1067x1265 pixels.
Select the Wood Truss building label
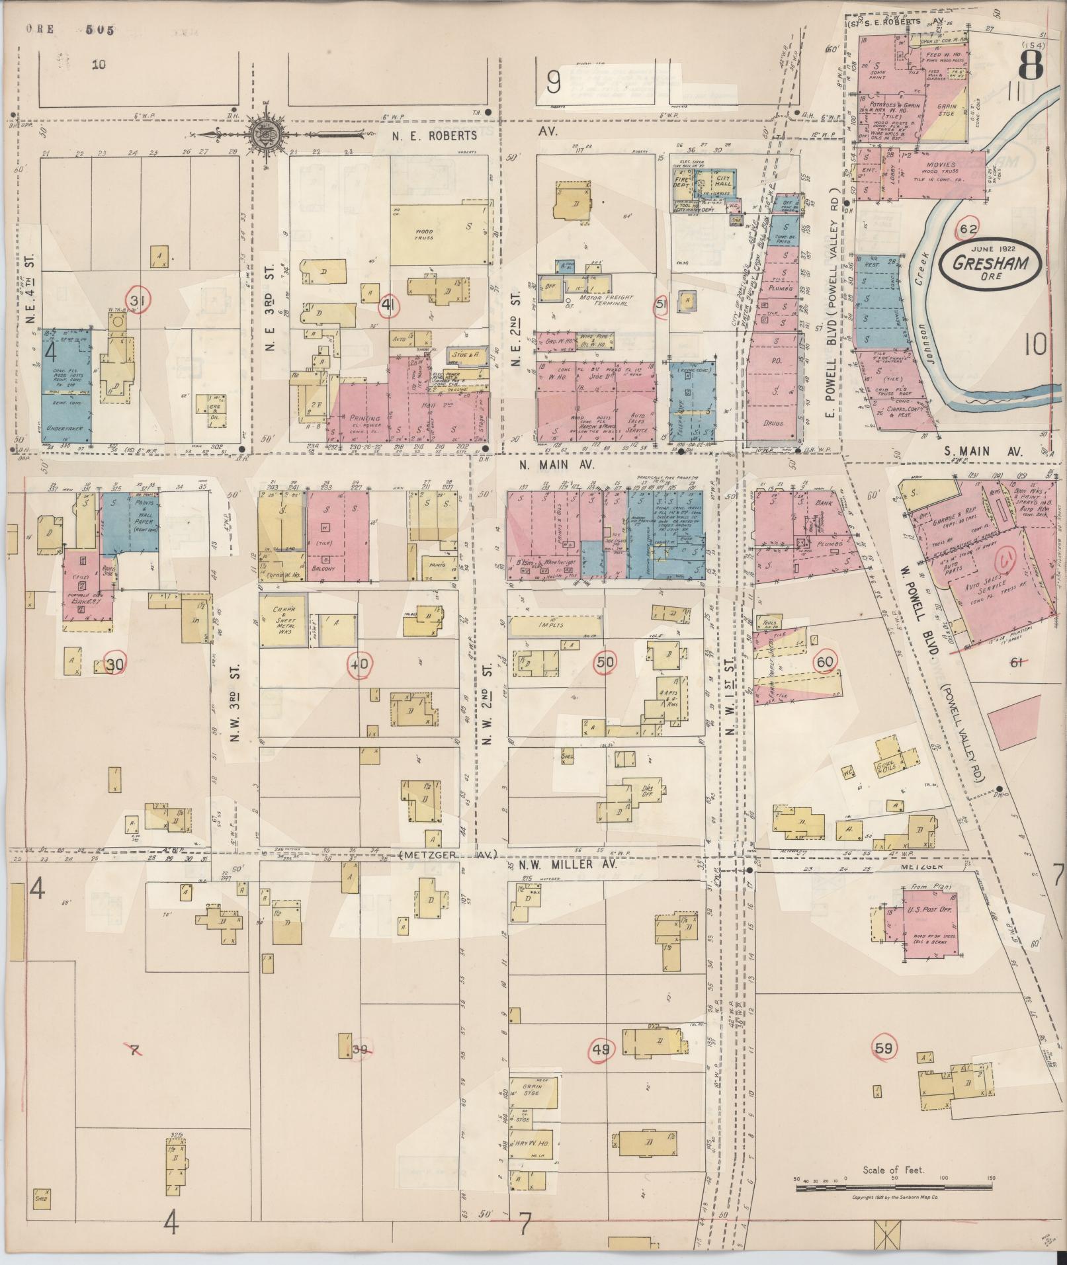[x=424, y=234]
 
